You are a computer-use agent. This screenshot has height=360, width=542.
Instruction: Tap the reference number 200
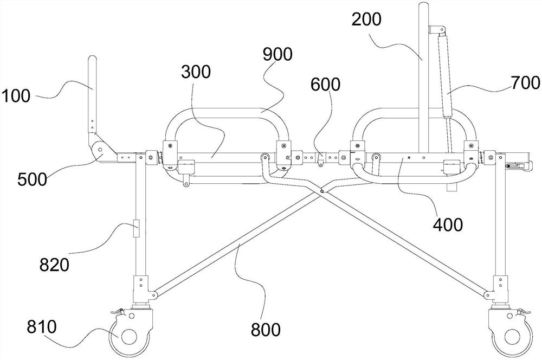[x=366, y=20]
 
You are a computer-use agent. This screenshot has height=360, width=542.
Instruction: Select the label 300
[x=196, y=72]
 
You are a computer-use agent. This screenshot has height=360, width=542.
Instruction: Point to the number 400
[x=448, y=225]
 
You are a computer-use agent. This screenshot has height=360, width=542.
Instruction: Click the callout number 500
[x=32, y=179]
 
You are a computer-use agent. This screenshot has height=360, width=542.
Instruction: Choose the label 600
[x=325, y=85]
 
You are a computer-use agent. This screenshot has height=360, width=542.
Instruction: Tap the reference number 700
[x=525, y=83]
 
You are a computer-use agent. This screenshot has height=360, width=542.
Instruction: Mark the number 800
[x=266, y=330]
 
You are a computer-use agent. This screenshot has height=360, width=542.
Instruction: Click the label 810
[x=42, y=327]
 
